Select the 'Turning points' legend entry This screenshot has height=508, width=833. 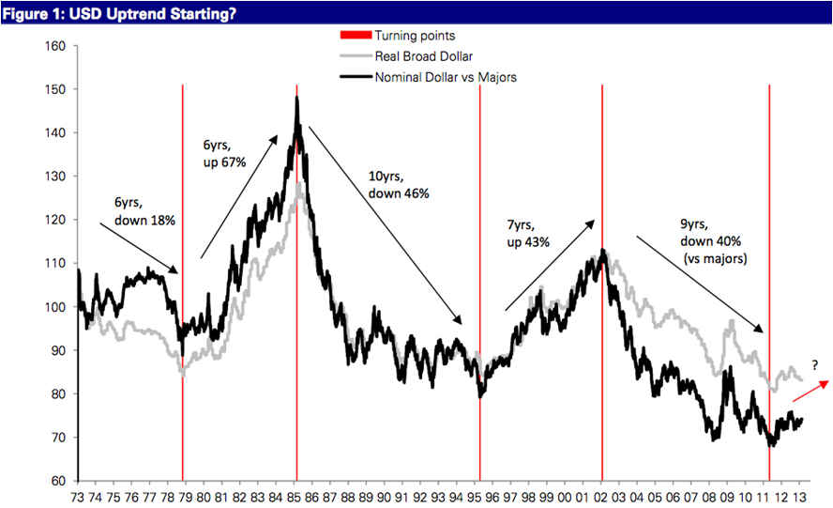coord(415,36)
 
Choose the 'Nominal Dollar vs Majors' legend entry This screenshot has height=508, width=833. coord(445,77)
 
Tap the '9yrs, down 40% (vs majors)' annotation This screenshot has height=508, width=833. coord(713,241)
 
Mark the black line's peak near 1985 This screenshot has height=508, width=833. coord(296,98)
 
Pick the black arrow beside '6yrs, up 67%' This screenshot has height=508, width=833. coord(239,195)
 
